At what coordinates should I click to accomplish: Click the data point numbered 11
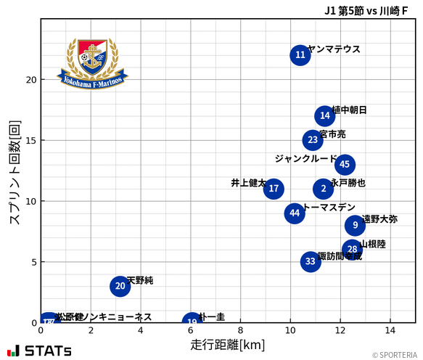tap(300, 55)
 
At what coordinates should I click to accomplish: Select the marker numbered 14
tap(325, 115)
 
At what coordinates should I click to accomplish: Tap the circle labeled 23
tap(313, 140)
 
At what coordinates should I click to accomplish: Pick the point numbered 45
tap(345, 165)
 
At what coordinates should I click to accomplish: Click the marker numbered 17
tap(274, 189)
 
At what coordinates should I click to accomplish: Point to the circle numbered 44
tap(295, 213)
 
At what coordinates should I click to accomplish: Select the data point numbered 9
tap(355, 225)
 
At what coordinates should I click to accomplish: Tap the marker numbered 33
tap(311, 261)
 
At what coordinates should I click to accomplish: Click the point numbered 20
tap(120, 286)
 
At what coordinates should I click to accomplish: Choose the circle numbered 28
tap(352, 249)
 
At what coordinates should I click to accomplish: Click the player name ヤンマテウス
tap(334, 49)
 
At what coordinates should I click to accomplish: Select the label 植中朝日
tap(350, 110)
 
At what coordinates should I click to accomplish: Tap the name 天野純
tap(140, 280)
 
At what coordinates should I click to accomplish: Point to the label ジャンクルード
tap(305, 158)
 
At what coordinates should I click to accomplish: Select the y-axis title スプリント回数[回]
tap(14, 172)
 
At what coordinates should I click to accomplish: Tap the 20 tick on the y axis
tap(31, 79)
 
